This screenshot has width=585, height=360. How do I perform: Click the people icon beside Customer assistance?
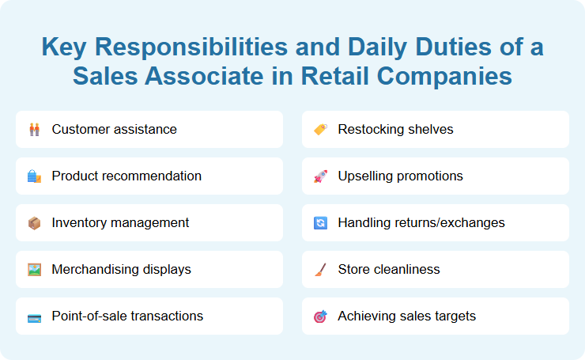pyautogui.click(x=34, y=129)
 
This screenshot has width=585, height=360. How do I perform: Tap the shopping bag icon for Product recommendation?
pyautogui.click(x=34, y=176)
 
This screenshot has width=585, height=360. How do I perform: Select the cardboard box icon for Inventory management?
pyautogui.click(x=34, y=222)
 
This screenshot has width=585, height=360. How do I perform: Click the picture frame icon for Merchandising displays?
pyautogui.click(x=34, y=269)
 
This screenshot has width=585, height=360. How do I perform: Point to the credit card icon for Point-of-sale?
pyautogui.click(x=34, y=316)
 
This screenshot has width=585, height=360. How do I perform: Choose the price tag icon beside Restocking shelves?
pyautogui.click(x=320, y=129)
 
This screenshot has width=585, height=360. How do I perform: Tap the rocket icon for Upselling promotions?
pyautogui.click(x=320, y=176)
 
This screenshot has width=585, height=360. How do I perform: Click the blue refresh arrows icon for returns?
pyautogui.click(x=320, y=222)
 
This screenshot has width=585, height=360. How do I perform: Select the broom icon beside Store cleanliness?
pyautogui.click(x=320, y=269)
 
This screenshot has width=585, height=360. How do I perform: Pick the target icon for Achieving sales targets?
pyautogui.click(x=320, y=316)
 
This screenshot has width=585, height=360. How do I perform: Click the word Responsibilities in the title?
pyautogui.click(x=205, y=47)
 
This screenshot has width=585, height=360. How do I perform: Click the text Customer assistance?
pyautogui.click(x=114, y=129)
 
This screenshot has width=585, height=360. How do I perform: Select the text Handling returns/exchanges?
pyautogui.click(x=421, y=222)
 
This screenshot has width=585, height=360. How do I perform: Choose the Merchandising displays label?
pyautogui.click(x=121, y=269)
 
